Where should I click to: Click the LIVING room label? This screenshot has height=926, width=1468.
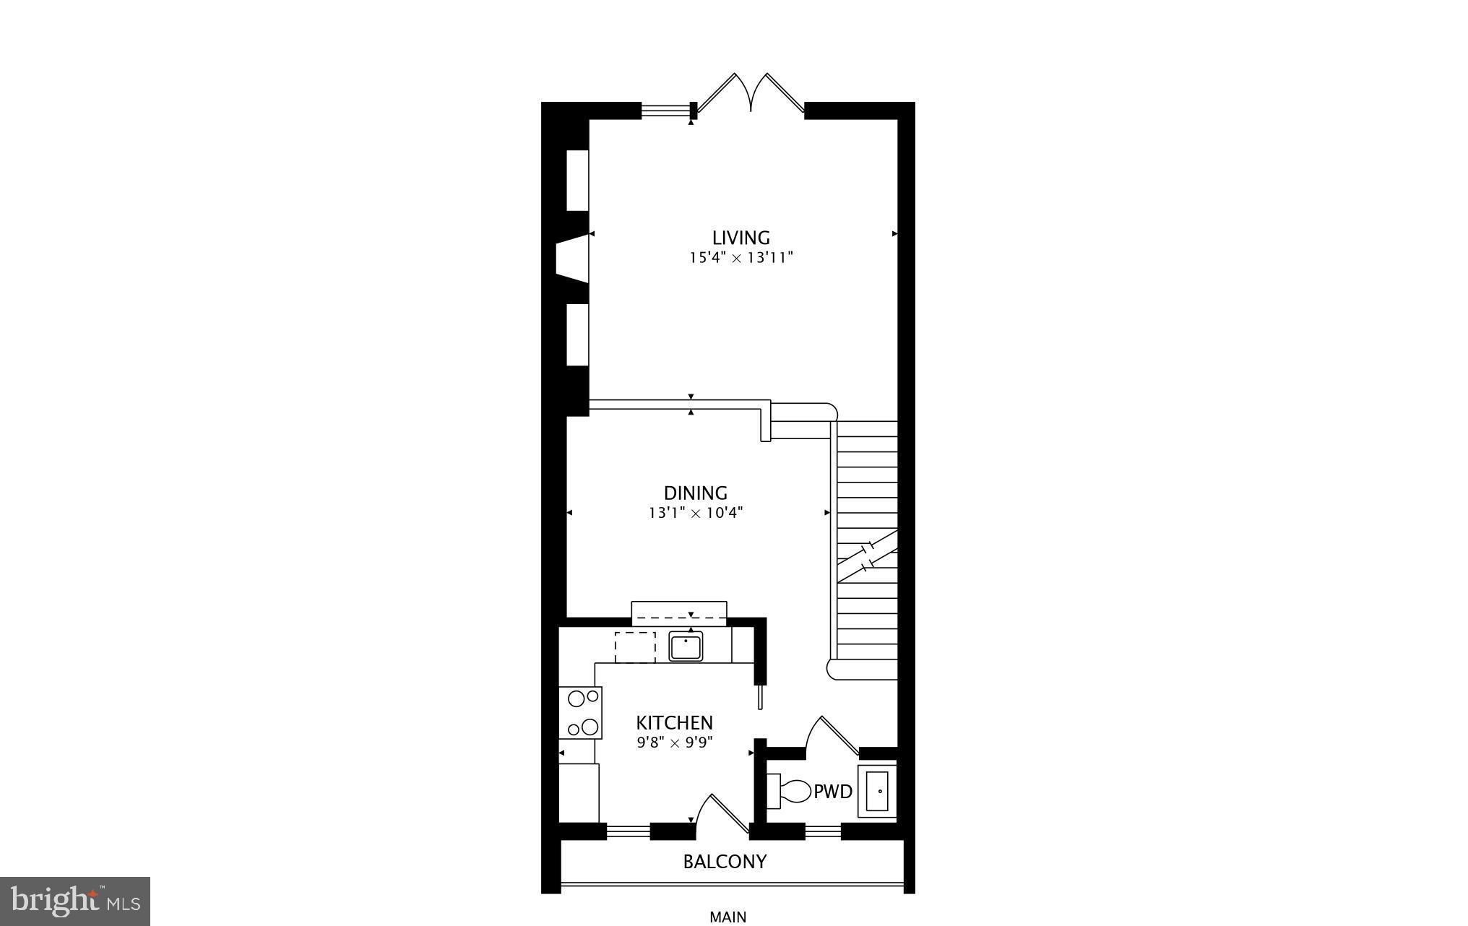pyautogui.click(x=741, y=238)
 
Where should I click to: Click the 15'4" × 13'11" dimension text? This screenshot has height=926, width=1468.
pyautogui.click(x=741, y=258)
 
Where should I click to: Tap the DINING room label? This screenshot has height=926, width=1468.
pyautogui.click(x=695, y=493)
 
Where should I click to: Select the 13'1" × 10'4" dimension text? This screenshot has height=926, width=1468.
pyautogui.click(x=695, y=514)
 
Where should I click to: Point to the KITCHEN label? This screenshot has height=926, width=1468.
pyautogui.click(x=674, y=723)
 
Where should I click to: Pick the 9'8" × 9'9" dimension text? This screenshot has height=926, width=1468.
pyautogui.click(x=674, y=743)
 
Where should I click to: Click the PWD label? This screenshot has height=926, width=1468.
pyautogui.click(x=833, y=792)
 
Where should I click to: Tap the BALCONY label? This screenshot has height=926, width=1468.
pyautogui.click(x=725, y=862)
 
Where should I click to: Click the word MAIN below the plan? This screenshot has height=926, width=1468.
pyautogui.click(x=727, y=917)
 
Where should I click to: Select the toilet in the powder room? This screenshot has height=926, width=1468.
pyautogui.click(x=791, y=792)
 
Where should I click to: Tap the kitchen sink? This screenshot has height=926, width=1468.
pyautogui.click(x=686, y=646)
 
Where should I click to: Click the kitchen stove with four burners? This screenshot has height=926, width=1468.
pyautogui.click(x=581, y=712)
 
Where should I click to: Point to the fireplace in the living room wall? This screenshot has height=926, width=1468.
pyautogui.click(x=572, y=257)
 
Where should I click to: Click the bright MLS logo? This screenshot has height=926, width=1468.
pyautogui.click(x=75, y=901)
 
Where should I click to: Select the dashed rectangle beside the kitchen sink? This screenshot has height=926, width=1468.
pyautogui.click(x=635, y=647)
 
